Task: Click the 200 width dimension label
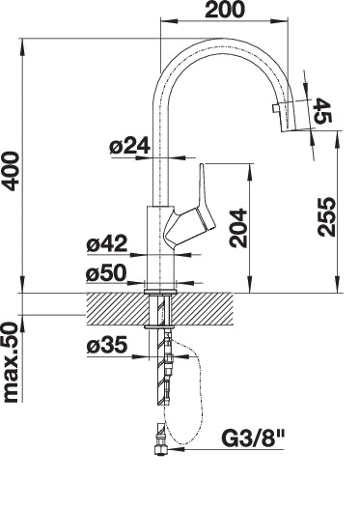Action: [x=224, y=10]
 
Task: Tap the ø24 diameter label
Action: [x=129, y=146]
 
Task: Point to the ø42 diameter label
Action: [x=107, y=243]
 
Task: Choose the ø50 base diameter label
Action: [x=106, y=272]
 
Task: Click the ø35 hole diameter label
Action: [x=107, y=345]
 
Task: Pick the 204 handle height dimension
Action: [x=238, y=228]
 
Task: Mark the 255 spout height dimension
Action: [x=326, y=216]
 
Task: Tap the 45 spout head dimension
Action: [x=322, y=111]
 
